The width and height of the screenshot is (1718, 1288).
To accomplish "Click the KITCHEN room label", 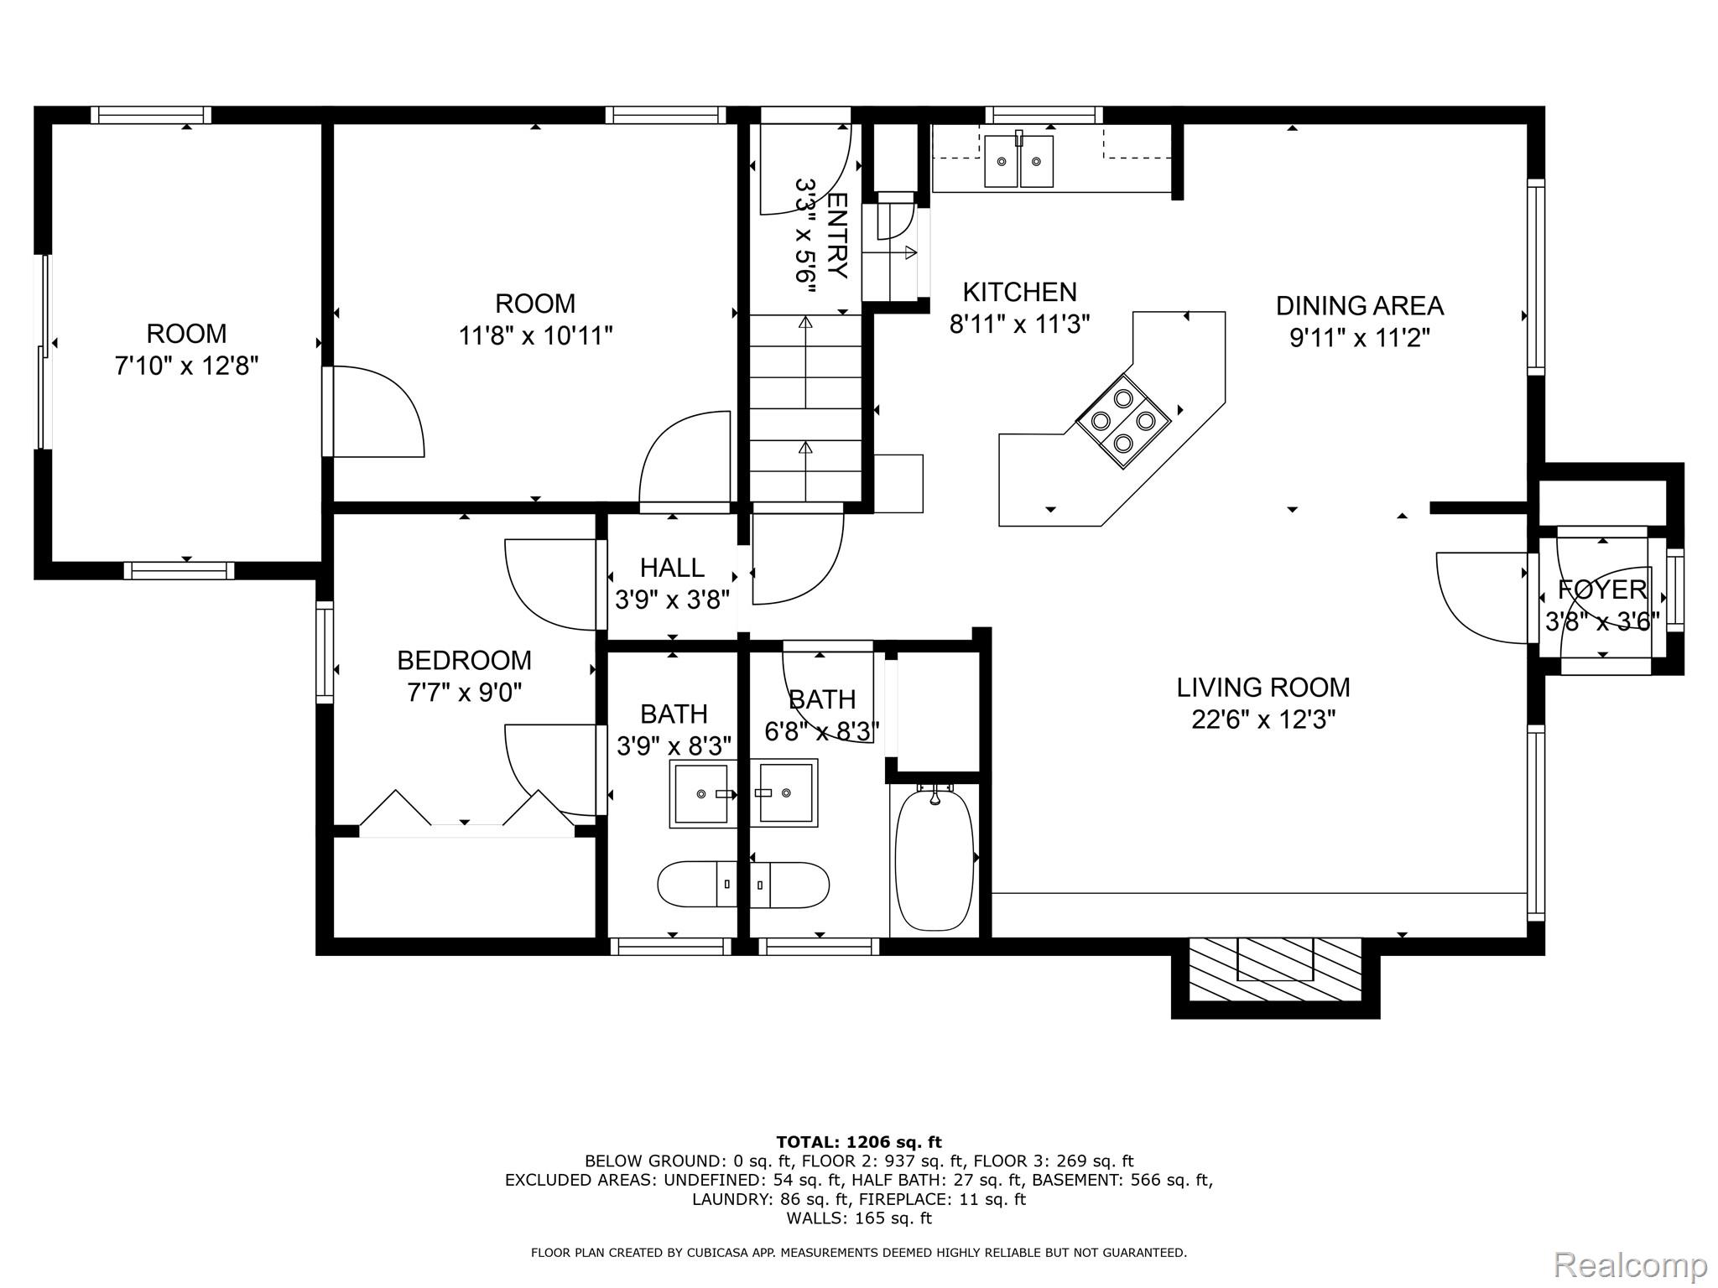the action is (x=1019, y=292).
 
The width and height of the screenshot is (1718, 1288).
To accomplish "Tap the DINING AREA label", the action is (x=1359, y=306).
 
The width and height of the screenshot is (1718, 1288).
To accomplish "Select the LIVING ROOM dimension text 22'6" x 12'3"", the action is (x=1263, y=719).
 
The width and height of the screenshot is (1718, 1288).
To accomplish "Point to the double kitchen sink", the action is (x=1019, y=161).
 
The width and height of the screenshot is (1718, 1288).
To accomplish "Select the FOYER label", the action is (x=1602, y=589).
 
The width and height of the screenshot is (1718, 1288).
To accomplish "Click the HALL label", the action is (x=672, y=568).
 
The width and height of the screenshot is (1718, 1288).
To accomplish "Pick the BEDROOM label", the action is (x=464, y=661).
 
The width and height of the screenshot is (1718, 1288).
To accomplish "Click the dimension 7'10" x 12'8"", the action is (x=186, y=366).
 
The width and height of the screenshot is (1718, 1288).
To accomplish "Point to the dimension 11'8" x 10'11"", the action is (x=535, y=336).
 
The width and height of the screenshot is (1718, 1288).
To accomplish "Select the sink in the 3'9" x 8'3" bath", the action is (x=703, y=793).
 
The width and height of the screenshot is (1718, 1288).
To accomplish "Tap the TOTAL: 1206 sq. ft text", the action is (x=859, y=1142).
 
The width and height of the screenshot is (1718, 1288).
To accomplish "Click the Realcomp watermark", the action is (x=1630, y=1264).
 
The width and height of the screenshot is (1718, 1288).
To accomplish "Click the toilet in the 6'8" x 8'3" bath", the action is (x=789, y=884).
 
